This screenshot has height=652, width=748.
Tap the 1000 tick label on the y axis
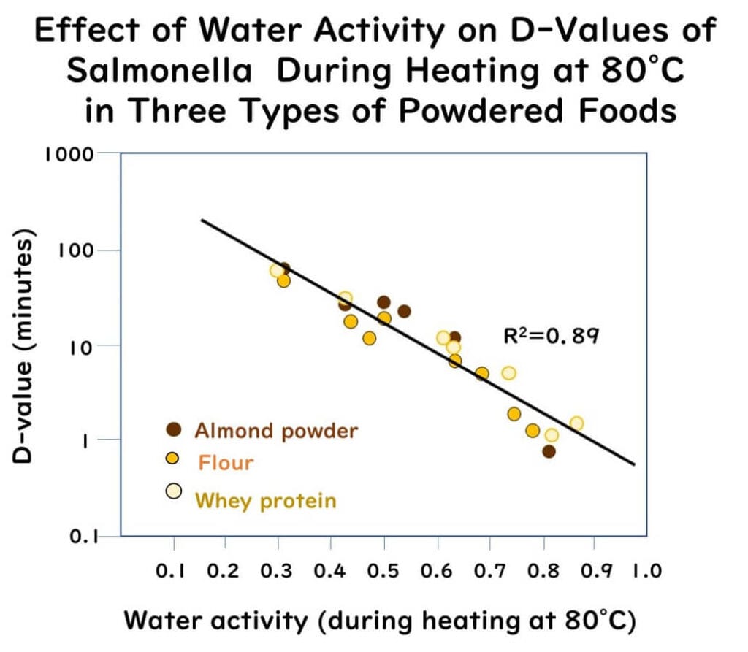pos(69,154)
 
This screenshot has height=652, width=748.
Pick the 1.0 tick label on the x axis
pos(645,571)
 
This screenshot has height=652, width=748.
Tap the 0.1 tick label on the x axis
pos(174,571)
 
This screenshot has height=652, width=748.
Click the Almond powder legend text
pos(276,430)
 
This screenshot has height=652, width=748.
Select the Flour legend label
pos(226,462)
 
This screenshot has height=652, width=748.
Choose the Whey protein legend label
pos(265,500)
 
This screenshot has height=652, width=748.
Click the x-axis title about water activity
pos(380,620)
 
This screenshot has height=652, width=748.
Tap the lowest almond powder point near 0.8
pos(549,451)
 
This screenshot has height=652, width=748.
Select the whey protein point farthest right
pos(576,423)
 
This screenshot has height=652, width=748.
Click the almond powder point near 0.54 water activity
pos(404,311)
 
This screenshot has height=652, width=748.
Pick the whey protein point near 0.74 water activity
pos(508,373)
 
